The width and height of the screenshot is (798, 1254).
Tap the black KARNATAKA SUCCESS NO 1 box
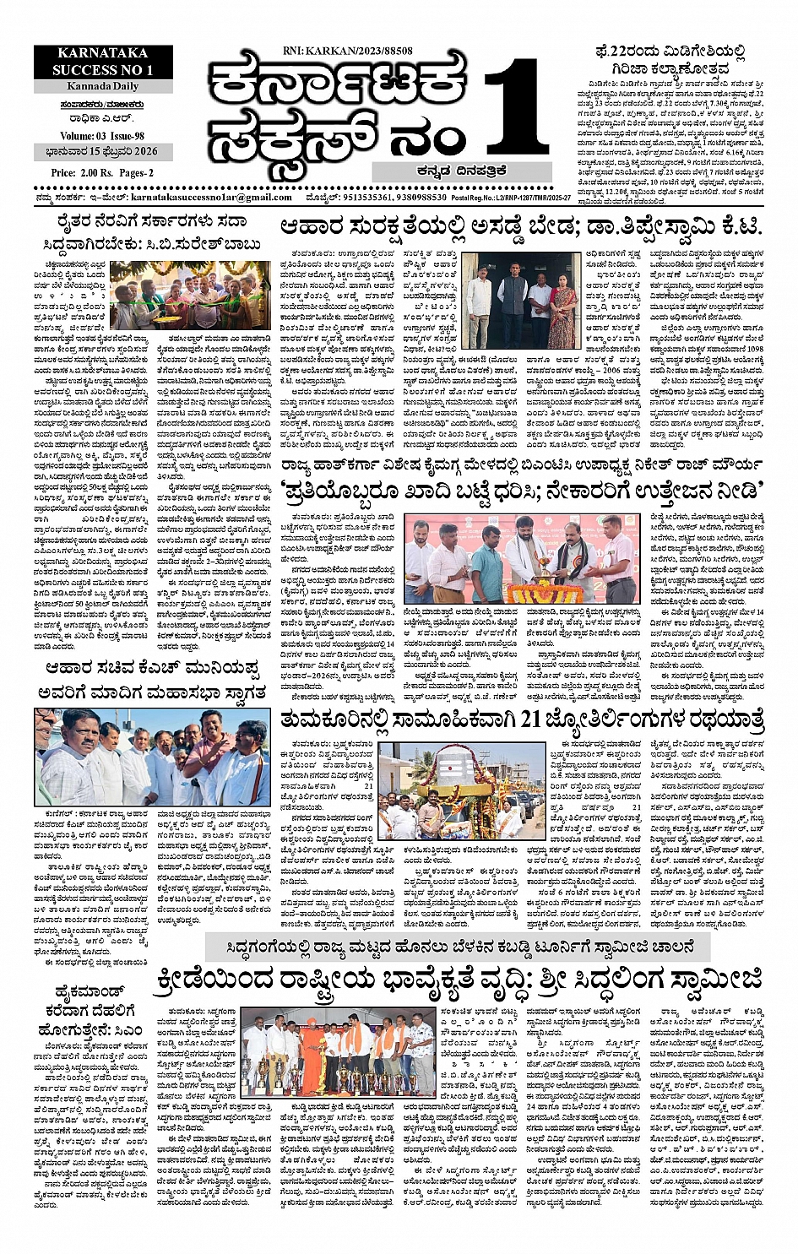102,62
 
